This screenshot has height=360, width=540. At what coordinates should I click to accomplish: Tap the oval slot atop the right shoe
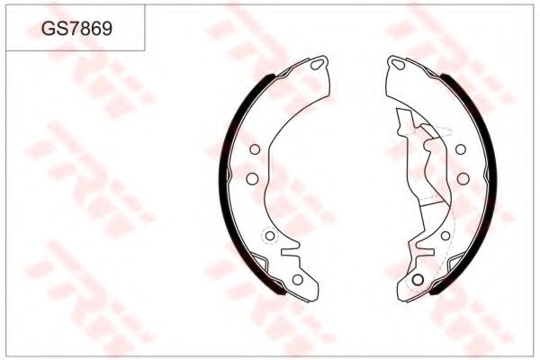tap(396, 65)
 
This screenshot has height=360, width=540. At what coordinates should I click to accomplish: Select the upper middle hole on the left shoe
tap(254, 149)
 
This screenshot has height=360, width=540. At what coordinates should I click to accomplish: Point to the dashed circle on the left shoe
tap(267, 236)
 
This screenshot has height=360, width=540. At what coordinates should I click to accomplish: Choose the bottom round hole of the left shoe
tap(297, 279)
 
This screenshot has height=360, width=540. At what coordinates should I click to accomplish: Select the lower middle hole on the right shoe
tap(461, 178)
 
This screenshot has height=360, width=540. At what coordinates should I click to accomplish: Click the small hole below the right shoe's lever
tap(445, 236)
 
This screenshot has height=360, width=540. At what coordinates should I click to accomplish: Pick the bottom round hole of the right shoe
tap(417, 279)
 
